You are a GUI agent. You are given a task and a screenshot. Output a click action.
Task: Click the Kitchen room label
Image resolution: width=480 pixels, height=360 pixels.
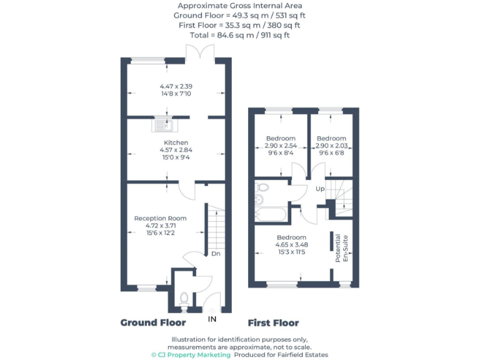[x=176, y=142]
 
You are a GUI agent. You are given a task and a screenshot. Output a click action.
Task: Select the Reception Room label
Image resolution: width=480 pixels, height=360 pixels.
[x=161, y=218]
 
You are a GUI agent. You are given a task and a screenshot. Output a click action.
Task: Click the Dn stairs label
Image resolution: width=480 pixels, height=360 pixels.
[x=216, y=254]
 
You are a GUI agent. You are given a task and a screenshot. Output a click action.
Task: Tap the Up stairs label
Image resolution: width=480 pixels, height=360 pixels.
[x=320, y=189]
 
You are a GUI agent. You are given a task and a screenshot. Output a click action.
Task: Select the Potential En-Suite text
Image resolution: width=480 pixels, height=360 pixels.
[x=342, y=248]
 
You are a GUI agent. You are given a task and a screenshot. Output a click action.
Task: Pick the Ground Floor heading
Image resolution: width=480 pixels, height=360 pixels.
[x=153, y=322]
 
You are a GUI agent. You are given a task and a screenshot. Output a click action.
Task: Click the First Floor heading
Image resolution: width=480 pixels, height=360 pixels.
[x=273, y=323]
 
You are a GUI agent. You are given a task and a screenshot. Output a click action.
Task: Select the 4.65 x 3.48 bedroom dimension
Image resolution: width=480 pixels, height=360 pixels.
[x=291, y=245]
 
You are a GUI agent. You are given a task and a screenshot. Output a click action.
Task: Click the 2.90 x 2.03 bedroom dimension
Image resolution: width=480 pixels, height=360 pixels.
[x=331, y=146]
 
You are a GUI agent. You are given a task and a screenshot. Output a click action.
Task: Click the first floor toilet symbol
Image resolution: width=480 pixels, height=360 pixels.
[x=262, y=187]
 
